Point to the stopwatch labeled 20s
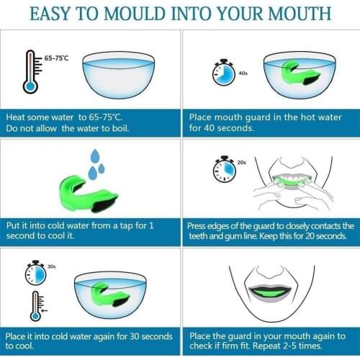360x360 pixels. tap(224, 169)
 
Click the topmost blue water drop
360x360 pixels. tap(95, 156)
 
